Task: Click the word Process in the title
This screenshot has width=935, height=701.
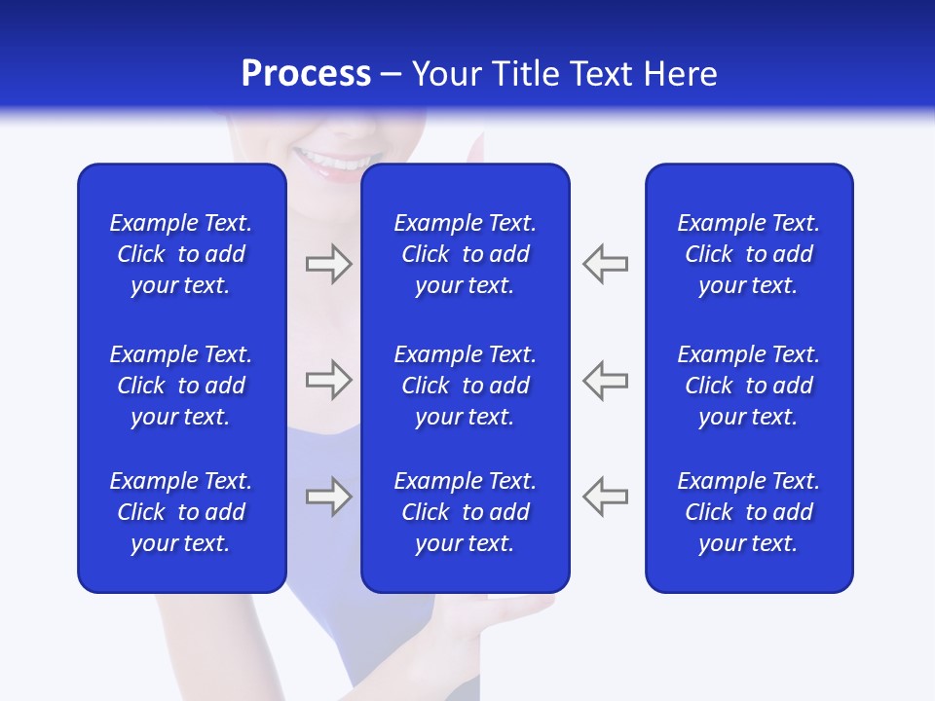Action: tap(306, 74)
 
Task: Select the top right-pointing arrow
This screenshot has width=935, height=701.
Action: tap(328, 264)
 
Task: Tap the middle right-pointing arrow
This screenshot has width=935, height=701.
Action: tap(328, 380)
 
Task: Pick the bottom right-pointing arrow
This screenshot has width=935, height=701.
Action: tap(328, 497)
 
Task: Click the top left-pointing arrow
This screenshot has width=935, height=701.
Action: tap(606, 264)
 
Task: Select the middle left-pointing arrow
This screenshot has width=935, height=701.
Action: tap(606, 380)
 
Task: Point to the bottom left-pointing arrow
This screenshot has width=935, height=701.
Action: tap(606, 497)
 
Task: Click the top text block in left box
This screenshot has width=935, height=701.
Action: tap(181, 254)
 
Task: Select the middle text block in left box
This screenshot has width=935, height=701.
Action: tap(181, 386)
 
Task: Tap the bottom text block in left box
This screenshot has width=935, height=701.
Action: tap(181, 512)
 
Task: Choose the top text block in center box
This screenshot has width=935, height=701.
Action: tap(465, 254)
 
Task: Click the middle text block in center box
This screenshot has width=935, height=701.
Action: tap(465, 386)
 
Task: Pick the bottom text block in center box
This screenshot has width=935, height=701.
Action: tap(465, 512)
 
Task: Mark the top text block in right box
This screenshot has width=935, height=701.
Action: tap(748, 254)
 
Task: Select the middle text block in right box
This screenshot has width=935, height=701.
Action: tap(748, 386)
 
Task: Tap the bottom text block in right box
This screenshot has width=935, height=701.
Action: tap(748, 512)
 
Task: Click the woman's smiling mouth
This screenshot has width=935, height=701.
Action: tap(337, 161)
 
